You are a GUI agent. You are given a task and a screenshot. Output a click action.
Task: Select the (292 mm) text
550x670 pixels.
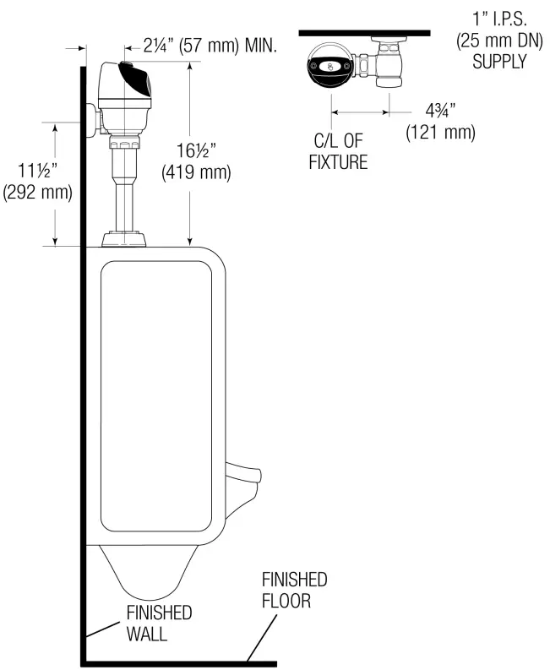pos(37,192)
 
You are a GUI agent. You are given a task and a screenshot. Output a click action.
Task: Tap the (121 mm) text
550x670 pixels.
pos(439,133)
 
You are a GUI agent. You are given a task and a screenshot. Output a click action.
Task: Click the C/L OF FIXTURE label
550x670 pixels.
pos(338,152)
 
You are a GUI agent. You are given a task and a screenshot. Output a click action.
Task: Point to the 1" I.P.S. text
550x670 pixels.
pos(499,19)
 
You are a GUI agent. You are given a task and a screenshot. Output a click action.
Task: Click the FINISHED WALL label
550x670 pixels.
pos(159,623)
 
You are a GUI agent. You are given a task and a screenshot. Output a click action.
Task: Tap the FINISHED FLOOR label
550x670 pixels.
pos(294,590)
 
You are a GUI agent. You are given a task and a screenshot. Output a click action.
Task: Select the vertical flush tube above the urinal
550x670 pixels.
pos(124,190)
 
